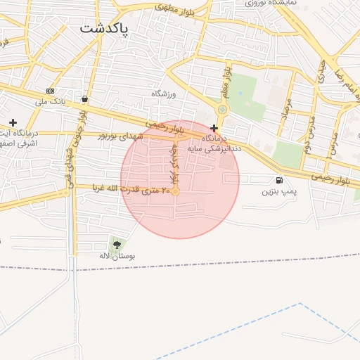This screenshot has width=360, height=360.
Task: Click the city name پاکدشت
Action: [103, 30]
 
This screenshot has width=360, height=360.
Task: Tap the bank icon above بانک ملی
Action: [50, 91]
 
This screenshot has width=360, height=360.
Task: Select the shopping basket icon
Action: [85, 99]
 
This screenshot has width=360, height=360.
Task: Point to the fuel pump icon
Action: [281, 180]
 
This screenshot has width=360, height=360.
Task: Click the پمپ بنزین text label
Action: [280, 191]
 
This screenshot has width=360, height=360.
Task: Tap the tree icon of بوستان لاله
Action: [117, 245]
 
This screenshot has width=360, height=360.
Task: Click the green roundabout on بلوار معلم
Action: [223, 109]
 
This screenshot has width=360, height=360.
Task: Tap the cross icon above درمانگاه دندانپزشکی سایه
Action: [214, 128]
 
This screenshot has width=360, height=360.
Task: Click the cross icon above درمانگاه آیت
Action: [13, 122]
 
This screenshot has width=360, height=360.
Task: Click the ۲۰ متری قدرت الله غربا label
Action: [131, 190]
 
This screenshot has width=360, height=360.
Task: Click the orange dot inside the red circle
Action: [176, 192]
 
